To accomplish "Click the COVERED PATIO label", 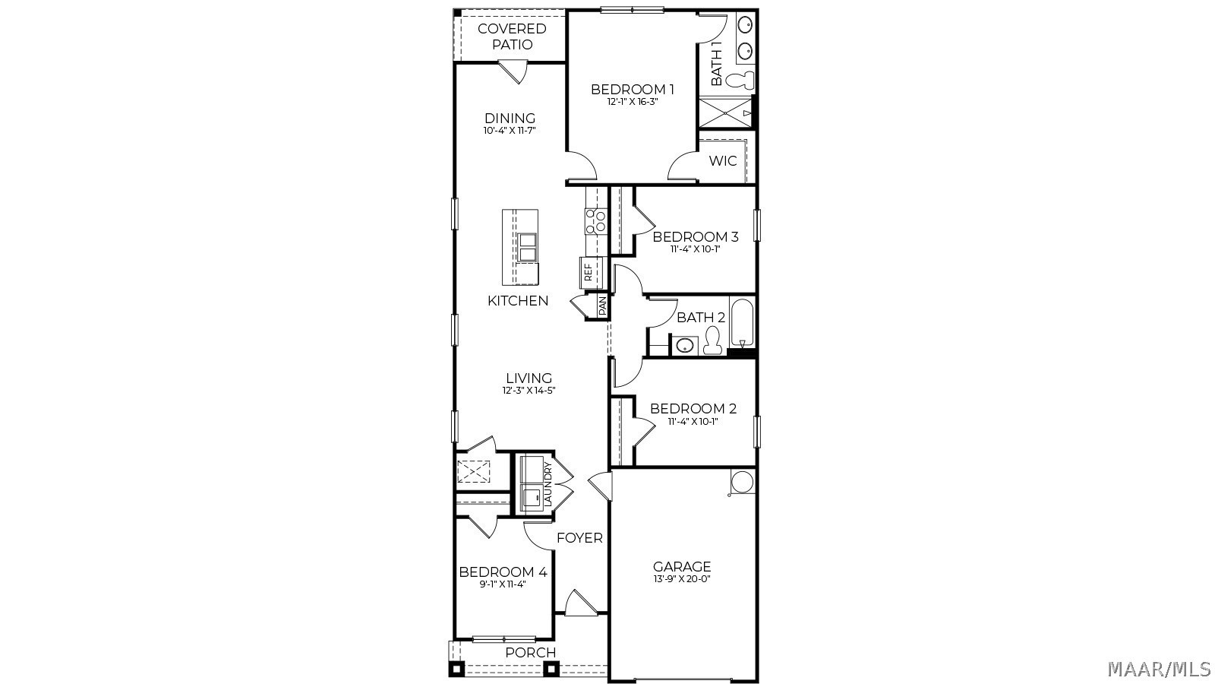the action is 512,36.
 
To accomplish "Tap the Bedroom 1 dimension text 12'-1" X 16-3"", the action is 633,102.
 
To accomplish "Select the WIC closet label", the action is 723,160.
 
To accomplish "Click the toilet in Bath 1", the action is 740,81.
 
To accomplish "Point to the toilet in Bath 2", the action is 712,341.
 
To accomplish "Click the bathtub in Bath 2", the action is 742,322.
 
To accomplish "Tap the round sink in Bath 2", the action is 686,345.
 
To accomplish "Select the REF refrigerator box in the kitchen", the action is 592,273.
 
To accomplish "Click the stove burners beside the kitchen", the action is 595,221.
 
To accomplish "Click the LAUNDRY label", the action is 548,485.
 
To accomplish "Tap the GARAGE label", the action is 682,567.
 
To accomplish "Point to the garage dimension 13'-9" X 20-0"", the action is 682,579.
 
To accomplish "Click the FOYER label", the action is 580,538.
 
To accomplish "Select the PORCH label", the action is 531,653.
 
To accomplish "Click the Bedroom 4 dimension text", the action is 503,584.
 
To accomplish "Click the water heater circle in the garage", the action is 741,482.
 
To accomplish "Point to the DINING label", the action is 510,119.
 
